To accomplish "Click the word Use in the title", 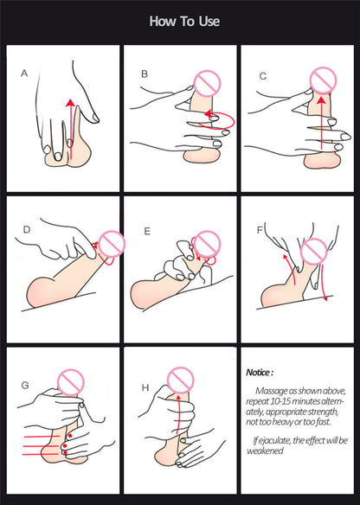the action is tap(209, 22).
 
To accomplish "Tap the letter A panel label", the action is tap(24, 74).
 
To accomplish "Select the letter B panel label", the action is tap(145, 74).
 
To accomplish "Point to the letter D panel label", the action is tap(27, 229).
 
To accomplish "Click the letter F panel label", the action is tap(260, 230).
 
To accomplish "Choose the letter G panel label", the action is tap(25, 385).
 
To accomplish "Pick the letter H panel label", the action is tap(145, 387).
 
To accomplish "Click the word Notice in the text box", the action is tap(258, 373).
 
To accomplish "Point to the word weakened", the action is tap(265, 451).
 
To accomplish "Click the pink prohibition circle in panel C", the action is tap(323, 80).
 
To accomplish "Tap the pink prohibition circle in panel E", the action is tap(207, 244).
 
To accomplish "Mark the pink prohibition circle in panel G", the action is tap(71, 382).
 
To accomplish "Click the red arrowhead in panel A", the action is tap(71, 103).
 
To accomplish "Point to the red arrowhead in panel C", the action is tap(321, 100).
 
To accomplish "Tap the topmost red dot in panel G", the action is tap(70, 436).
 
